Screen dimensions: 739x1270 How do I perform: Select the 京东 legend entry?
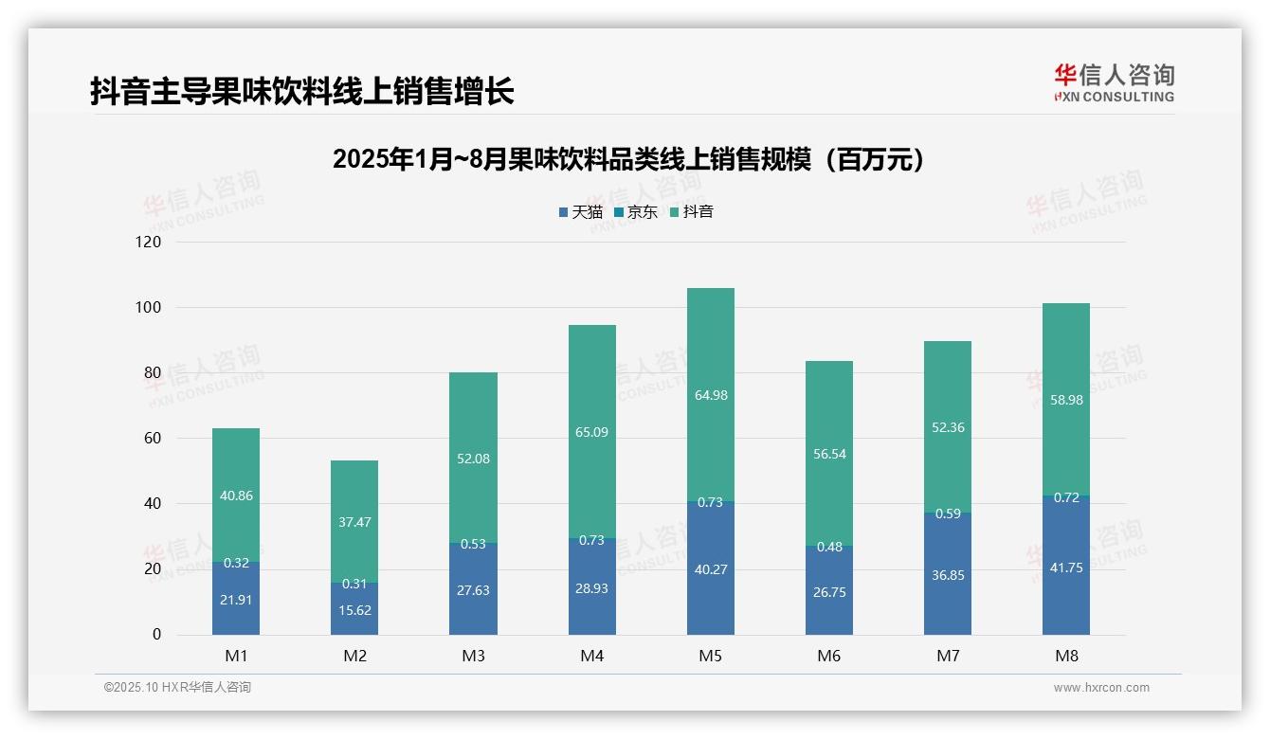point(635,212)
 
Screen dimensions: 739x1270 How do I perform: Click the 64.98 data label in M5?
point(711,395)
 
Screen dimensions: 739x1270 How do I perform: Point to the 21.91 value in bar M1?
point(236,600)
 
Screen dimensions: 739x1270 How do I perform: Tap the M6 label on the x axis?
point(829,657)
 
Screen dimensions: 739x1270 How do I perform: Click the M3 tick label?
point(473,657)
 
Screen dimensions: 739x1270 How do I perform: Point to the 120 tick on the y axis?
point(149,243)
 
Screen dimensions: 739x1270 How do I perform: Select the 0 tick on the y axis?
point(156,635)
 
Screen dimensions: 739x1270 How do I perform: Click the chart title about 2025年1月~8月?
point(628,160)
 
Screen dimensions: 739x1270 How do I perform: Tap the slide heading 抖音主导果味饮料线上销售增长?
point(302,91)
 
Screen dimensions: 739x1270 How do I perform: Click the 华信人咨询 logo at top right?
point(1114,82)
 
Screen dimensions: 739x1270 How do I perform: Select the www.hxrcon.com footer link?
point(1101,688)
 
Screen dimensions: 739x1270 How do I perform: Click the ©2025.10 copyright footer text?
point(177,688)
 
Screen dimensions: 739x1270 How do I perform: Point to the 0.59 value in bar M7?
point(948,514)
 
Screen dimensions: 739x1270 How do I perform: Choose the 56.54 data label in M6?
point(829,454)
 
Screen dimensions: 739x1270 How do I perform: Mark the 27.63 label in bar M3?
point(473,590)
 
